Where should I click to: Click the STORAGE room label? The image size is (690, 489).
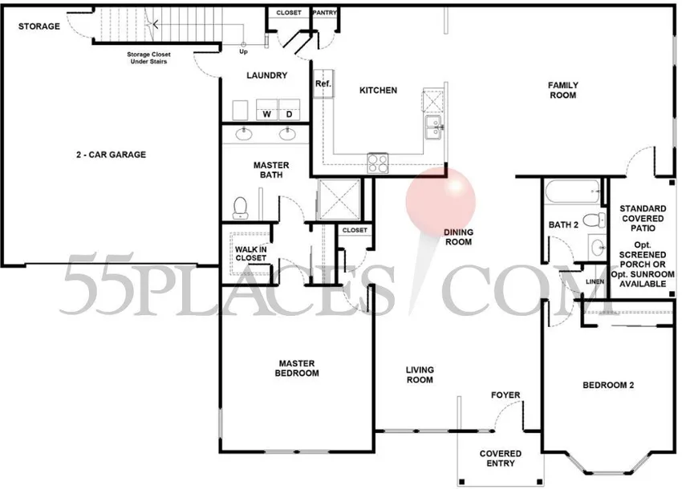pyautogui.click(x=39, y=26)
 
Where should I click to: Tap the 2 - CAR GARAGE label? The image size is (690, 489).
pyautogui.click(x=111, y=155)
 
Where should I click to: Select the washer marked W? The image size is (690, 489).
pyautogui.click(x=266, y=110)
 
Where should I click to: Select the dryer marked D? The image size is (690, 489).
pyautogui.click(x=289, y=110)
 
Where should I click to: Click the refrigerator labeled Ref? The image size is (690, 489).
pyautogui.click(x=323, y=83)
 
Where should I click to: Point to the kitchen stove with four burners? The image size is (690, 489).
pyautogui.click(x=378, y=164)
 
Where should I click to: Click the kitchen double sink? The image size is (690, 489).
pyautogui.click(x=434, y=127)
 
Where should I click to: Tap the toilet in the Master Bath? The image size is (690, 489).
pyautogui.click(x=240, y=208)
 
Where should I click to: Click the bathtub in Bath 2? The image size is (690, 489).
pyautogui.click(x=572, y=192)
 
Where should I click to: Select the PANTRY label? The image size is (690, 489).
pyautogui.click(x=324, y=13)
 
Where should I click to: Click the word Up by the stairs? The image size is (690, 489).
pyautogui.click(x=243, y=51)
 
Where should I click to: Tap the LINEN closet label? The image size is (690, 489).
pyautogui.click(x=595, y=281)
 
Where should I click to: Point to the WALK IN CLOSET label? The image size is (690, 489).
pyautogui.click(x=250, y=254)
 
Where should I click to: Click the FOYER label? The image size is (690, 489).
pyautogui.click(x=505, y=395)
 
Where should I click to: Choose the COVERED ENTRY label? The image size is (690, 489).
pyautogui.click(x=501, y=459)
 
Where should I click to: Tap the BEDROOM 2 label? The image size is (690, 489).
pyautogui.click(x=608, y=386)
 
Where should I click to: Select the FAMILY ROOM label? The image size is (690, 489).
pyautogui.click(x=562, y=90)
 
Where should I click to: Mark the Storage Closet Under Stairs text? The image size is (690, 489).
pyautogui.click(x=148, y=58)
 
